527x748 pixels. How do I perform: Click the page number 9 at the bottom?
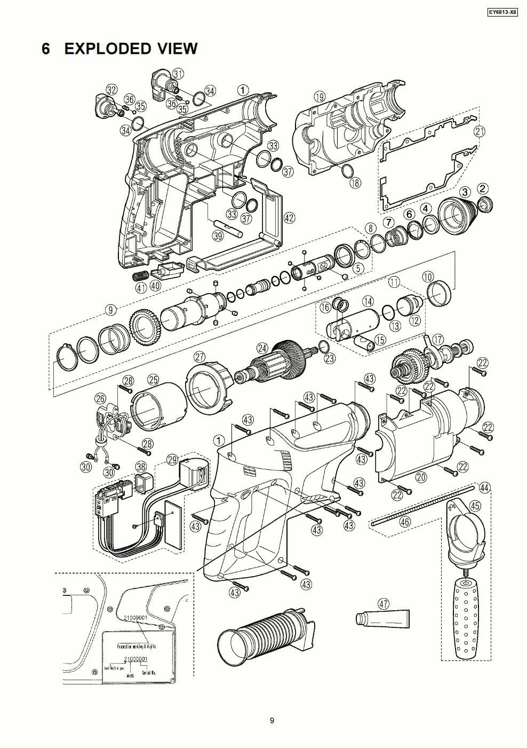point(272,721)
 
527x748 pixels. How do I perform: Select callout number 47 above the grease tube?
point(383,604)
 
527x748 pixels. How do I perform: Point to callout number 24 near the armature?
point(262,348)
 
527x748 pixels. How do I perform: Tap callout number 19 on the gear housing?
point(319,97)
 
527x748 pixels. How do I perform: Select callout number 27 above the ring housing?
point(199,356)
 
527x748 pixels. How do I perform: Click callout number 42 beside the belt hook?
point(289,218)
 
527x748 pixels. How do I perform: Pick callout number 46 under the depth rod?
point(405,522)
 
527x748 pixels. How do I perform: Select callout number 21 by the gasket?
point(480,131)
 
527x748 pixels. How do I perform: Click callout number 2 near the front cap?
point(482,188)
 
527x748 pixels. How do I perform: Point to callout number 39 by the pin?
point(217,235)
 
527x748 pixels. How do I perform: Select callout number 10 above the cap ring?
point(428,277)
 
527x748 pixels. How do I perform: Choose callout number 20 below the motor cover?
point(421,477)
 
